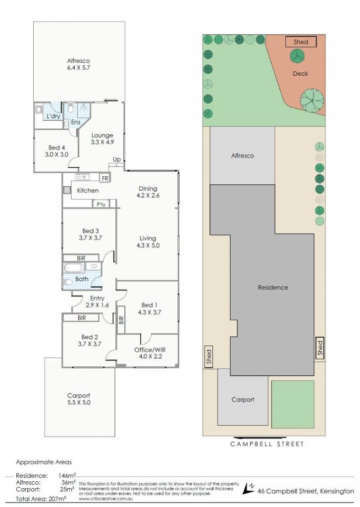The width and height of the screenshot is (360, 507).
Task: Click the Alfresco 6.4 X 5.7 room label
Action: (79, 64)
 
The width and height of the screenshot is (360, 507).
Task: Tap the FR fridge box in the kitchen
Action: (105, 178)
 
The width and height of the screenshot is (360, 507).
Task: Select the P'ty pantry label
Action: (101, 204)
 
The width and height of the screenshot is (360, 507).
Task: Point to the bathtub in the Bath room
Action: (74, 268)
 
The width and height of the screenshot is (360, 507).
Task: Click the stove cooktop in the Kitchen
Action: (67, 190)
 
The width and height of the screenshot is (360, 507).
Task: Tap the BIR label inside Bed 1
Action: (121, 320)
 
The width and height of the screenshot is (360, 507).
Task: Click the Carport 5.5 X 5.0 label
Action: (79, 399)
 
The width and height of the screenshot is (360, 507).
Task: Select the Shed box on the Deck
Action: (301, 42)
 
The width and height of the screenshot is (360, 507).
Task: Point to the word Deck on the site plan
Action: (300, 74)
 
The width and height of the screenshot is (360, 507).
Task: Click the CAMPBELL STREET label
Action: (267, 444)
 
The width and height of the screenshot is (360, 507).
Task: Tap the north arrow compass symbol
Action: (249, 488)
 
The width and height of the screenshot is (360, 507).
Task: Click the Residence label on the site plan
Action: (273, 288)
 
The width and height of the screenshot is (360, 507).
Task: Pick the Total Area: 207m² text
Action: (41, 499)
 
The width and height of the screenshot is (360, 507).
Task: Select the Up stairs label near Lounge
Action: (117, 159)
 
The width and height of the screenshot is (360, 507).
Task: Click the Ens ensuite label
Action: (76, 122)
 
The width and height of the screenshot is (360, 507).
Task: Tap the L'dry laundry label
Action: (53, 116)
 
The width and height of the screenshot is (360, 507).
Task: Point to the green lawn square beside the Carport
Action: (293, 405)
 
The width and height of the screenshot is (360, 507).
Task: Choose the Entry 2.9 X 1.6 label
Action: (97, 302)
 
